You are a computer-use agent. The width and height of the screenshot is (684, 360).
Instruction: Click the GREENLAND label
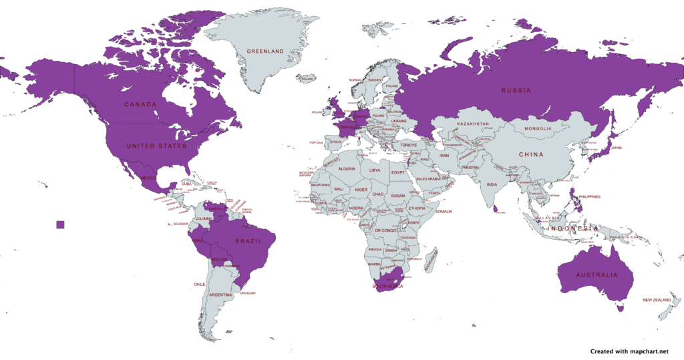(265, 51)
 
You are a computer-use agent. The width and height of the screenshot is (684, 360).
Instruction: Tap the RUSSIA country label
(516, 90)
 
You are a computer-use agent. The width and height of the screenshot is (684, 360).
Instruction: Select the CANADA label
(140, 104)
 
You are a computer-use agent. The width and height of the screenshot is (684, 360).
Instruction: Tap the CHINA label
(532, 154)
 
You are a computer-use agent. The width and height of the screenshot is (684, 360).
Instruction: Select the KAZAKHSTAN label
(473, 125)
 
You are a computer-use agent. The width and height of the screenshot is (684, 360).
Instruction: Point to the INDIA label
(492, 184)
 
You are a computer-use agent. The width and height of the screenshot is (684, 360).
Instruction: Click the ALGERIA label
(347, 169)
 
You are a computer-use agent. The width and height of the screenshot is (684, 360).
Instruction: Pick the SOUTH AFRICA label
(388, 286)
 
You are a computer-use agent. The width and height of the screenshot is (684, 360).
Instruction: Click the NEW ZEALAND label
(657, 300)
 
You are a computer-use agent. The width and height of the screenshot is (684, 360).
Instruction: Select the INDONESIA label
(572, 229)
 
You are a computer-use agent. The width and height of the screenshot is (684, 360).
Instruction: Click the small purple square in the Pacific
(61, 224)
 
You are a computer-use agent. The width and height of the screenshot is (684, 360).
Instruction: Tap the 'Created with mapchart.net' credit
(629, 350)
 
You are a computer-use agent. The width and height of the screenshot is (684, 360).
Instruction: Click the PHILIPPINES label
(590, 196)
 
